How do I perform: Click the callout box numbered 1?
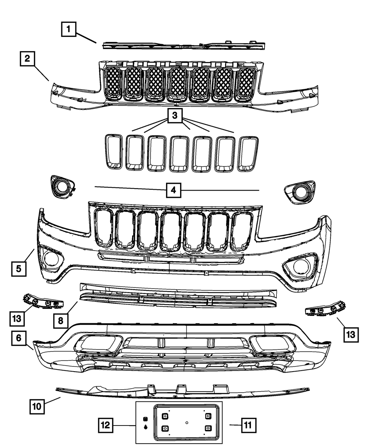coord(69,29)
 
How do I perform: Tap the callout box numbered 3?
coord(175,116)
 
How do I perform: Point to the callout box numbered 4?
coord(173,190)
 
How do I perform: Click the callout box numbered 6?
coord(18,338)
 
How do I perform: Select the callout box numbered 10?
coord(37,407)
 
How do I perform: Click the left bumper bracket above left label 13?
coord(43,301)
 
